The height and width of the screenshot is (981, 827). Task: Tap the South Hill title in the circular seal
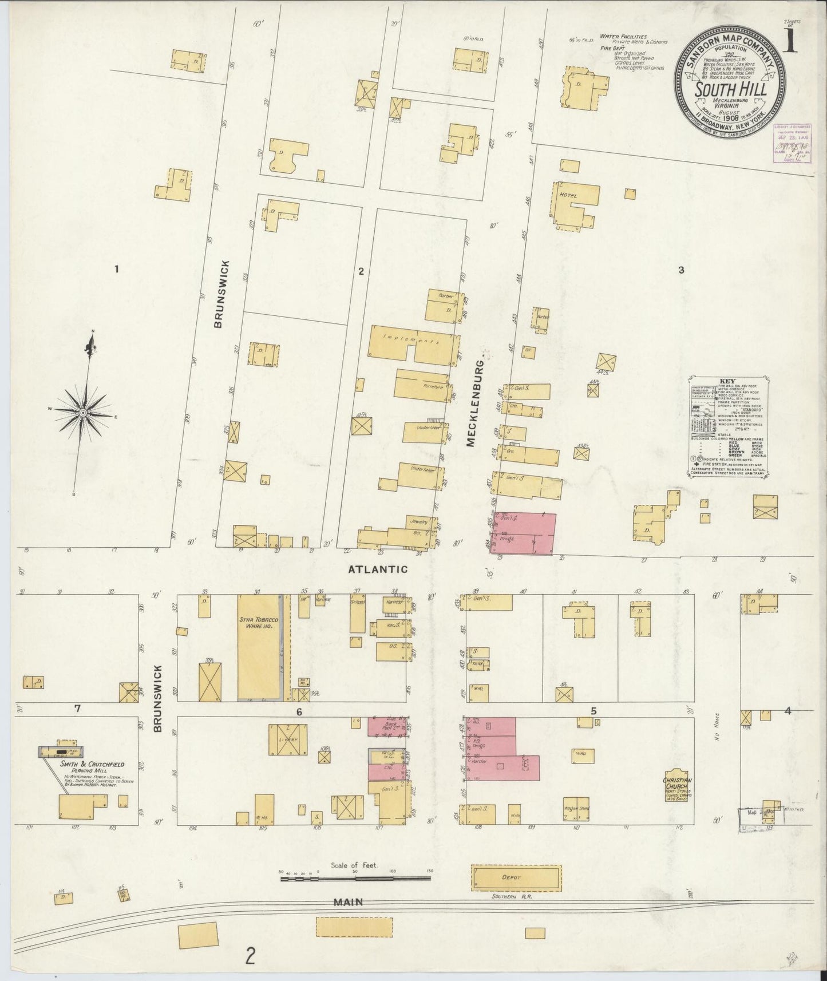click(729, 90)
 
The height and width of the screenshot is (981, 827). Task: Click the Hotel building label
click(569, 196)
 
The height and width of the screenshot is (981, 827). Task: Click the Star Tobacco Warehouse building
click(258, 647)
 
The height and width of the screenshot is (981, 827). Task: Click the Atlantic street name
click(379, 569)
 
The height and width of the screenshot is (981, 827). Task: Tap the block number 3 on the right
click(681, 270)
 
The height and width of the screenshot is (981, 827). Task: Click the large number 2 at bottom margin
click(250, 956)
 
